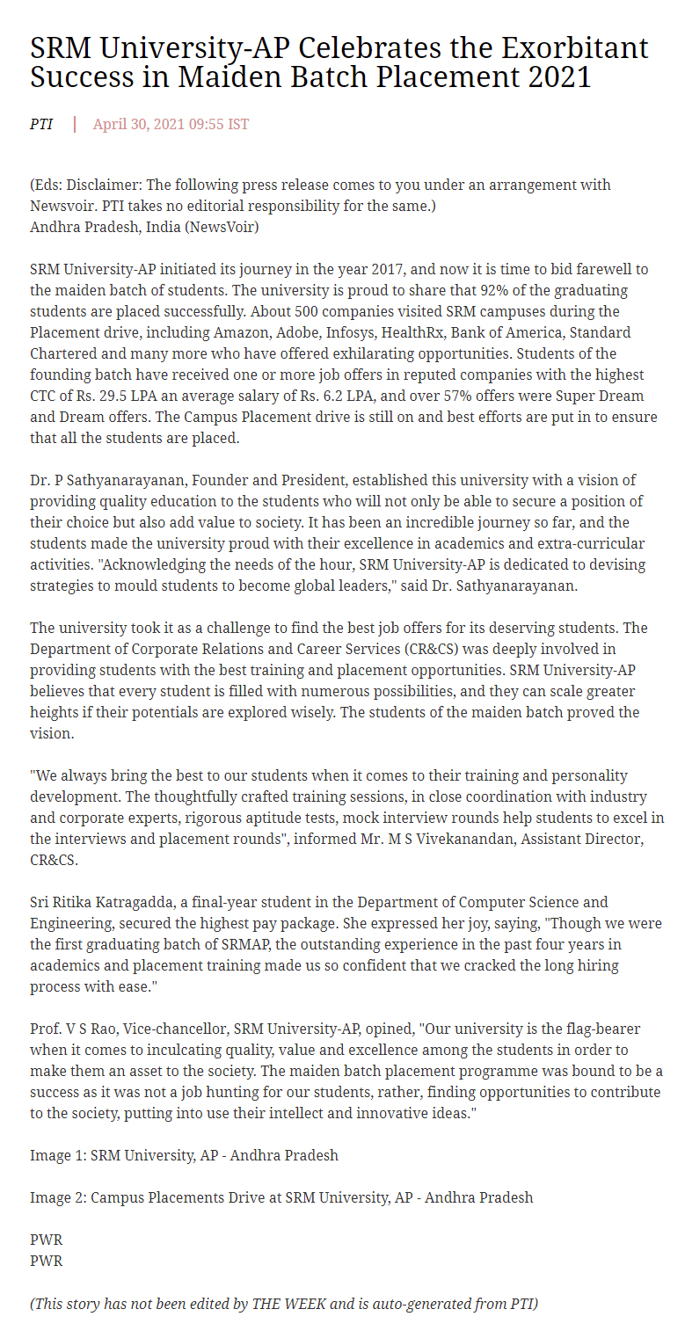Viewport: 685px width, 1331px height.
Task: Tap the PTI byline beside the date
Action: point(41,124)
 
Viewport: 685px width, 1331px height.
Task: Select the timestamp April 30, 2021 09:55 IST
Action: point(171,124)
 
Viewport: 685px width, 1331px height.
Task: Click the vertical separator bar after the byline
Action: point(75,124)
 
